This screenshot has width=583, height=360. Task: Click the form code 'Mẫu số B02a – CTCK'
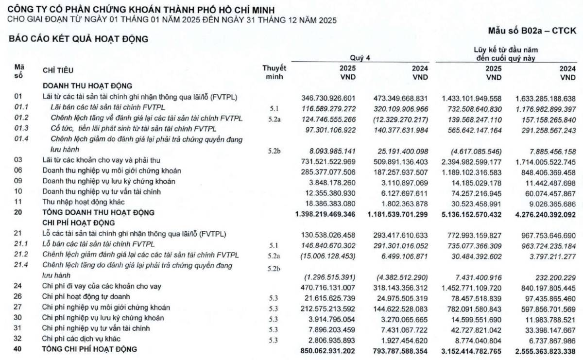(532, 31)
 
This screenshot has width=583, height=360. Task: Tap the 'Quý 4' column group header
(360, 57)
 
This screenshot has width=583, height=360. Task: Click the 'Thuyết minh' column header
(274, 72)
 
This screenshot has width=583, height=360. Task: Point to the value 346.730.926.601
(329, 97)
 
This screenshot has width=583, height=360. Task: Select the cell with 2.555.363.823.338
(543, 349)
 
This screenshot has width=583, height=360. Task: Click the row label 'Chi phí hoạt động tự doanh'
(86, 296)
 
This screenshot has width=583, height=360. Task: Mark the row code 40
(18, 349)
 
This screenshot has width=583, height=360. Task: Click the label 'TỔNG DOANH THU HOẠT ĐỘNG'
(98, 213)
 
